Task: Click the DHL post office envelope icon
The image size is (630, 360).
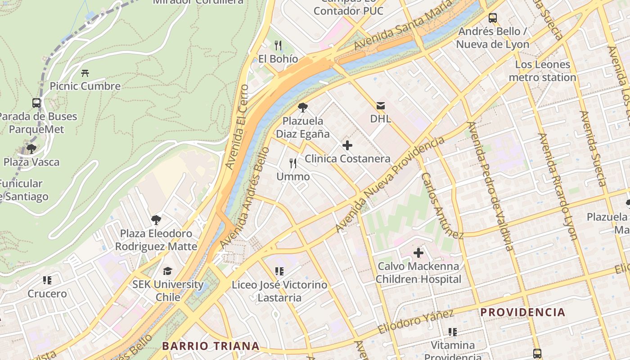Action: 380,106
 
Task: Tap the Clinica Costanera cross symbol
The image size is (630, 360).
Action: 347,145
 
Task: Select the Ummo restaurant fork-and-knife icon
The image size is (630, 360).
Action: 293,163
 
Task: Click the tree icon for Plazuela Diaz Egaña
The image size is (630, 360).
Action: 303,107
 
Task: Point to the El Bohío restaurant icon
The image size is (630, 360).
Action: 278,45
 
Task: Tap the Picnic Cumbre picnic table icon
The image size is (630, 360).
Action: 85,73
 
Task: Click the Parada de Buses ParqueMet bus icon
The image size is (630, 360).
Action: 36,103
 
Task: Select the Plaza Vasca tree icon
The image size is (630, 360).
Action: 31,148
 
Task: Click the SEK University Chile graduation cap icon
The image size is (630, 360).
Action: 167,271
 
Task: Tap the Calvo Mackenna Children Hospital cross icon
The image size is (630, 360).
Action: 418,253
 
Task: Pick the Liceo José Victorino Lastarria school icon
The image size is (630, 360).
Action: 279,271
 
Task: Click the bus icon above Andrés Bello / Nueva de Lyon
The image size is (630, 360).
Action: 493,18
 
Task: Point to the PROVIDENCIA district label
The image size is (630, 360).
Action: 522,312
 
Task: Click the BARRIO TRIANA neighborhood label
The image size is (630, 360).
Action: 211,346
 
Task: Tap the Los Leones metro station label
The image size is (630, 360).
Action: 542,71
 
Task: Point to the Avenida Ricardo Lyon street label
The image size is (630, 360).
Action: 558,186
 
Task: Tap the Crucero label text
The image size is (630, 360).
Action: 47,294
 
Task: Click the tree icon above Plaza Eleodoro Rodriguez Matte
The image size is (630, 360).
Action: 156,220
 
